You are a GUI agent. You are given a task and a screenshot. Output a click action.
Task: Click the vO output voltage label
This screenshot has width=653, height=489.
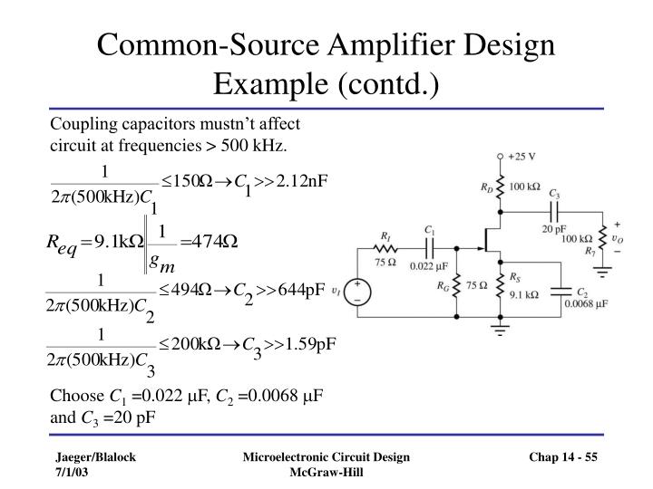[619, 239]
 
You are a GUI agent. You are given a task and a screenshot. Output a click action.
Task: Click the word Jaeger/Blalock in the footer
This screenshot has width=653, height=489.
[92, 458]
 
